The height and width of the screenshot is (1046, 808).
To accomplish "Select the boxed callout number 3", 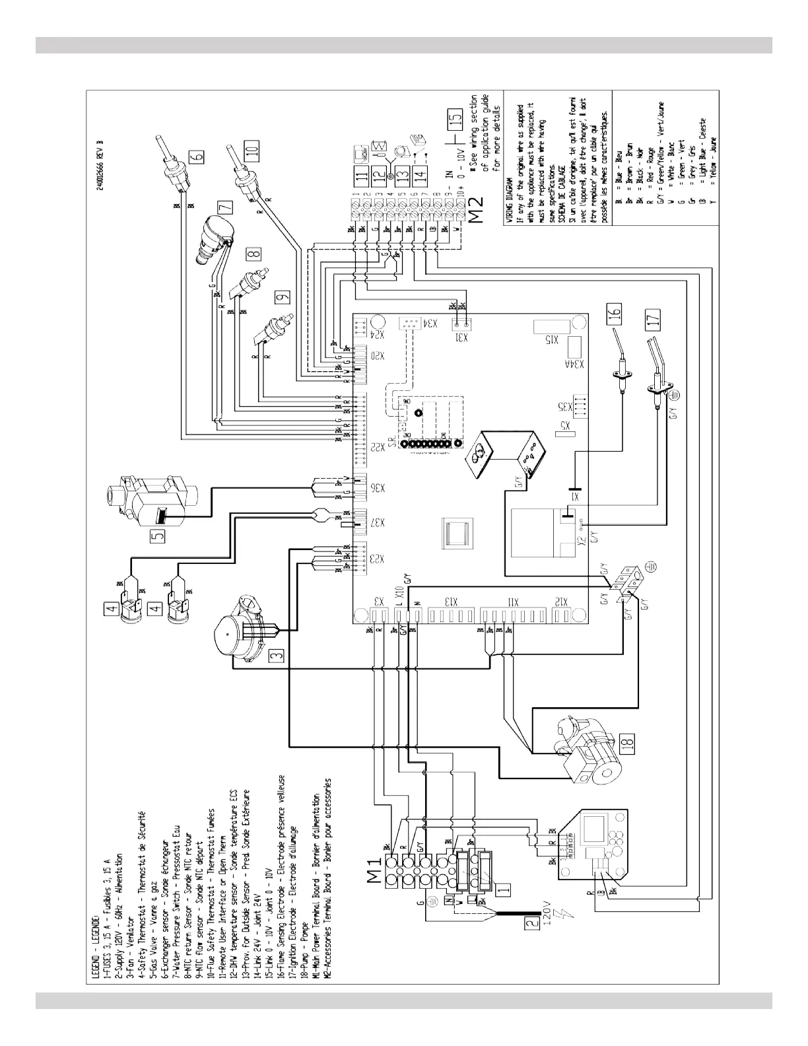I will (278, 654).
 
